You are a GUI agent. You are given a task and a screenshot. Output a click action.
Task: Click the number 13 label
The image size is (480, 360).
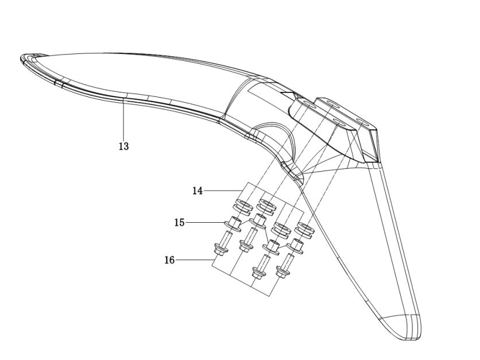click(124, 146)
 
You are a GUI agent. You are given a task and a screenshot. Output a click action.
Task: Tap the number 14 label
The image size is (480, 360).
click(198, 191)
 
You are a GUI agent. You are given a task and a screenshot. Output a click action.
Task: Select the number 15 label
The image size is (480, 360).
click(180, 223)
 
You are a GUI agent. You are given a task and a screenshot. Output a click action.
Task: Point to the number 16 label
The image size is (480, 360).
click(169, 260)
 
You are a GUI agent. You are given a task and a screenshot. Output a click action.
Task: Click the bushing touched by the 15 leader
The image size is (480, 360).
click(233, 223)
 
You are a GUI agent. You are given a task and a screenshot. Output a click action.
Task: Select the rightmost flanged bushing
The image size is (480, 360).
click(295, 246)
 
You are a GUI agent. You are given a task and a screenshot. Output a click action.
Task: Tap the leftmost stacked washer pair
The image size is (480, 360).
click(243, 206)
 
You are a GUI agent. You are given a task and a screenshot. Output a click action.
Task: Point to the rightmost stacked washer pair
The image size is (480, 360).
click(304, 231)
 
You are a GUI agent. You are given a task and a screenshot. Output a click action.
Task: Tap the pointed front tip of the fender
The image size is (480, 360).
click(21, 57)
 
